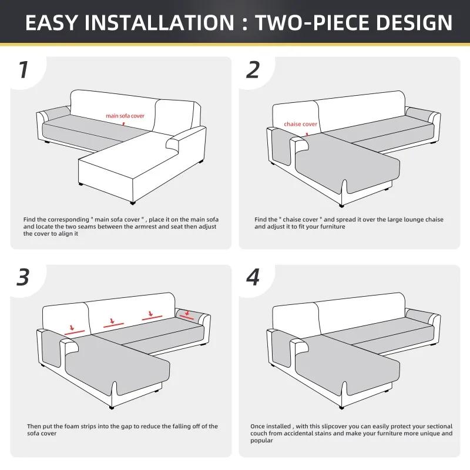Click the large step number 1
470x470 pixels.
click(x=23, y=69)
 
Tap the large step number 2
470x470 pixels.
click(x=253, y=69)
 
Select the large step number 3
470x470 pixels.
click(x=23, y=277)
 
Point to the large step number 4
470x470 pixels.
click(x=253, y=277)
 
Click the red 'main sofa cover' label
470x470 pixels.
click(x=125, y=116)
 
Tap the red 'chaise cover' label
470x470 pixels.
click(x=300, y=124)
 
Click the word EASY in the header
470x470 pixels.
click(x=51, y=22)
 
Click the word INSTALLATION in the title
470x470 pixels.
click(x=159, y=22)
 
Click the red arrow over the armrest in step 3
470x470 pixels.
click(x=188, y=313)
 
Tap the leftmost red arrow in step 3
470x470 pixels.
click(x=72, y=327)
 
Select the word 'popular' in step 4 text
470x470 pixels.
click(x=261, y=441)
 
